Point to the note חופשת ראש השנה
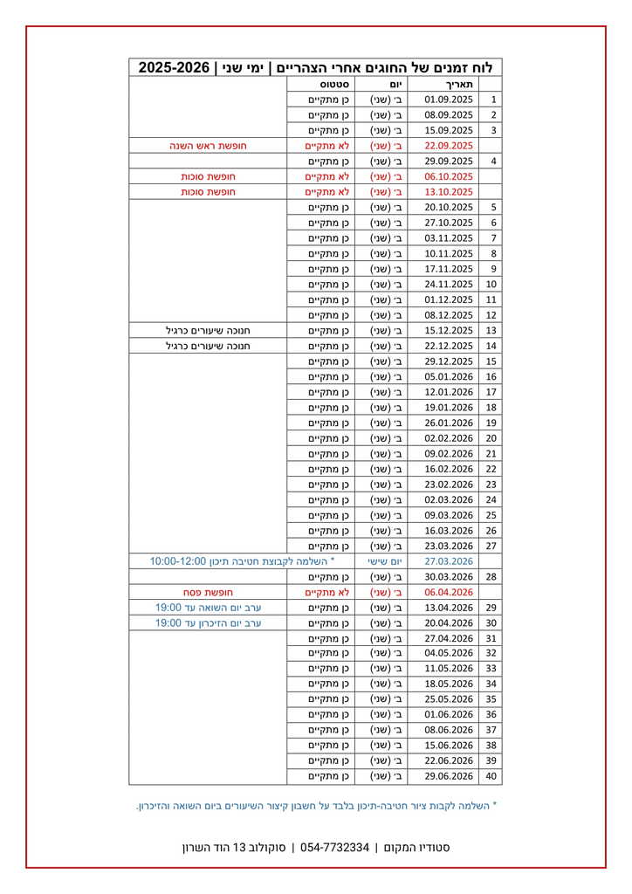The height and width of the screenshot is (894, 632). (x=208, y=146)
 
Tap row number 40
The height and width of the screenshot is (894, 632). (x=491, y=776)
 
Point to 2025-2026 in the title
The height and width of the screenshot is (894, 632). (x=175, y=67)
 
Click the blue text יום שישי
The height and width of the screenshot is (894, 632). (x=381, y=561)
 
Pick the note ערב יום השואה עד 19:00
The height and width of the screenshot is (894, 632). (x=208, y=608)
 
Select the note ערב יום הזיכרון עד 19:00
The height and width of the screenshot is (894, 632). (x=208, y=623)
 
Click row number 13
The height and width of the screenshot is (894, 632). (x=491, y=331)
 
